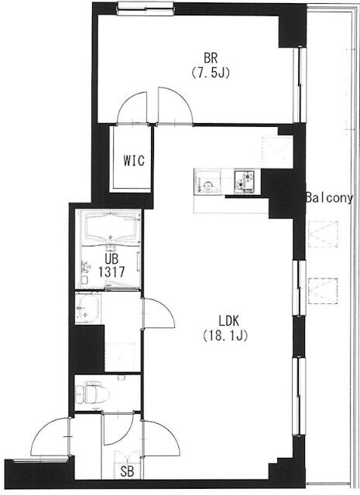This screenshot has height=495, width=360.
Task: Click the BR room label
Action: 210,57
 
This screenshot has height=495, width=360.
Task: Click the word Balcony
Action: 329,198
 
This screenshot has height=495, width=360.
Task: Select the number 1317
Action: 111,272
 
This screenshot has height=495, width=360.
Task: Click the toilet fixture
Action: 91,394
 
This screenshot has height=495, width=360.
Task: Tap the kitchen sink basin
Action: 207,181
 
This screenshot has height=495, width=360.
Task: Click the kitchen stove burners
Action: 247,181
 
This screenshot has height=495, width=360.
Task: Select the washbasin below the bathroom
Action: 87,310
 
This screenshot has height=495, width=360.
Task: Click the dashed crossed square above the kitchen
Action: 273,147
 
